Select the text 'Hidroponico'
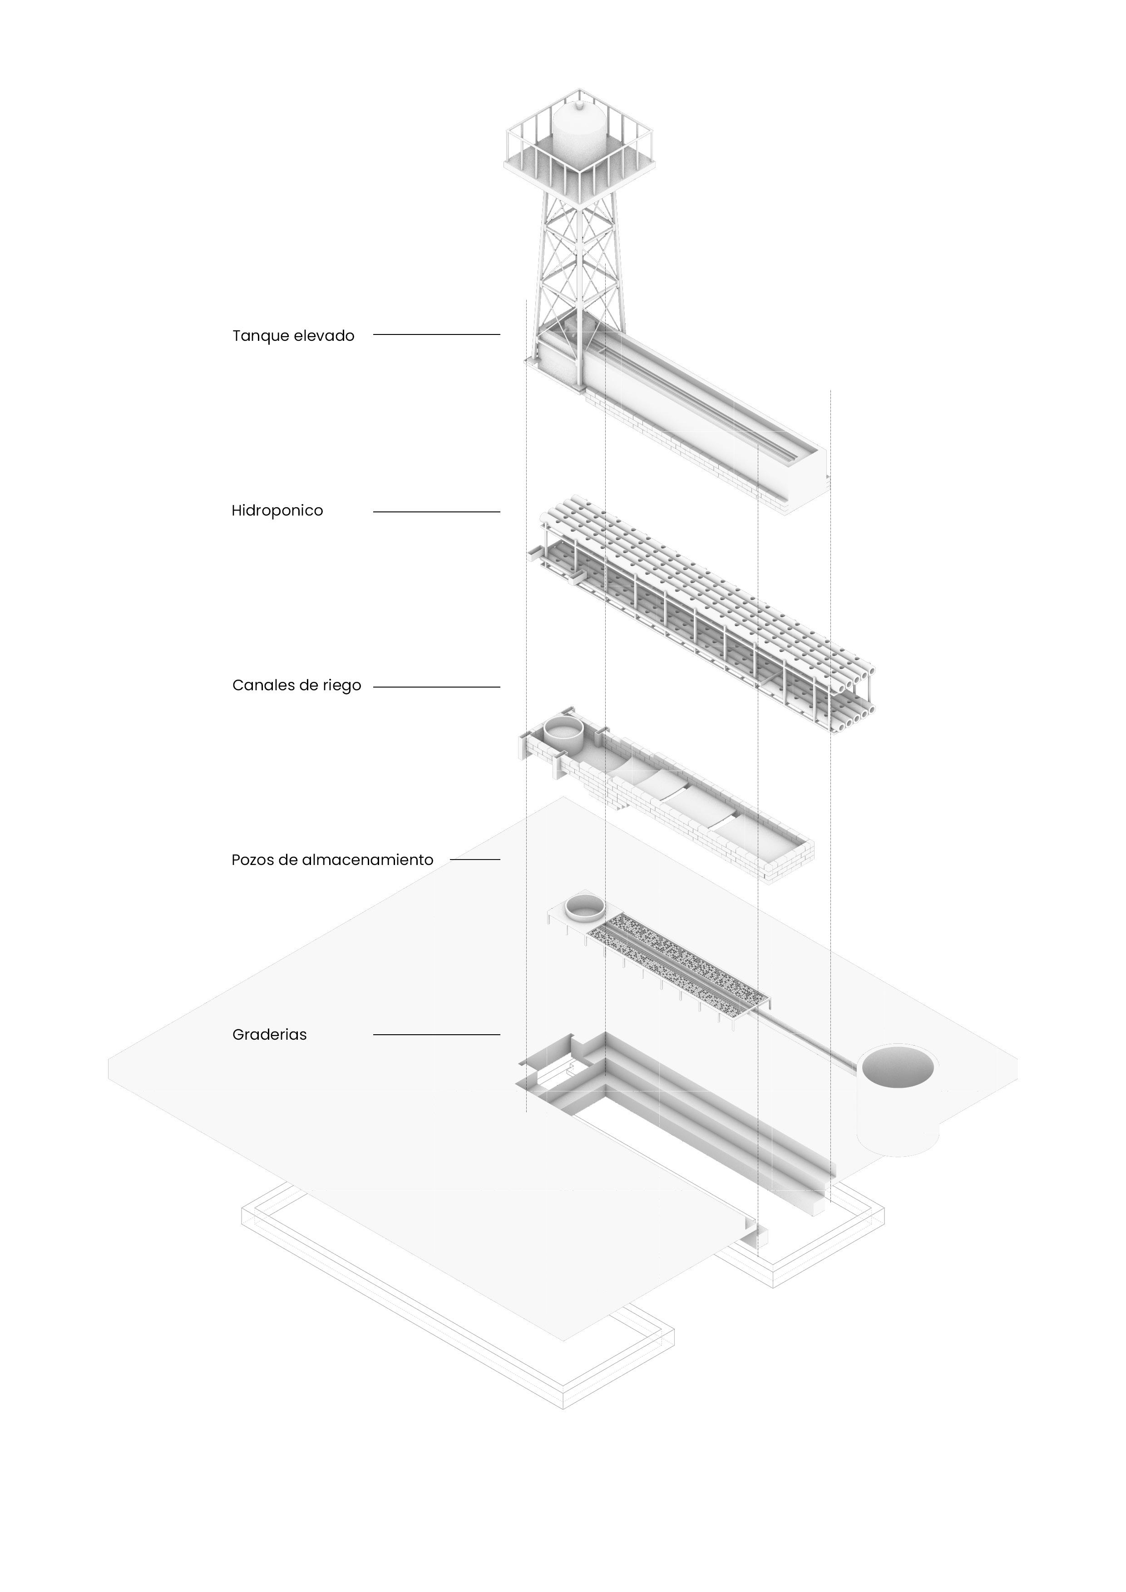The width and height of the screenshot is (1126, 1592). pyautogui.click(x=277, y=511)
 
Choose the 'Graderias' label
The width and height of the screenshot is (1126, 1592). pyautogui.click(x=269, y=1035)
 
